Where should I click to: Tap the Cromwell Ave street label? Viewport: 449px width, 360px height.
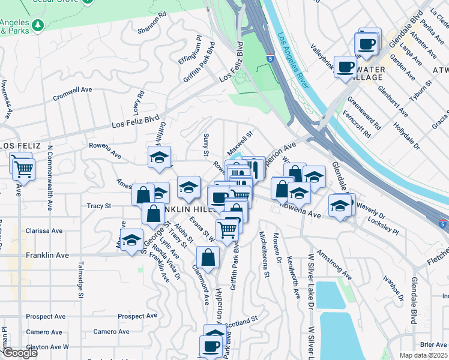point(72,90)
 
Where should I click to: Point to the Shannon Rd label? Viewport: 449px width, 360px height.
point(151,23)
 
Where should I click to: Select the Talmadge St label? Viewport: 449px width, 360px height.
point(80,280)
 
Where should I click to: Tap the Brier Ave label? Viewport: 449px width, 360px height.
point(433,344)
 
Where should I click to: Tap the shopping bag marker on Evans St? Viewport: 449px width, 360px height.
point(207,258)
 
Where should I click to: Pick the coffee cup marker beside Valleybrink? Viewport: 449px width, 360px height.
point(345,67)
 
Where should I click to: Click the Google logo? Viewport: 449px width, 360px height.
point(19,353)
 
